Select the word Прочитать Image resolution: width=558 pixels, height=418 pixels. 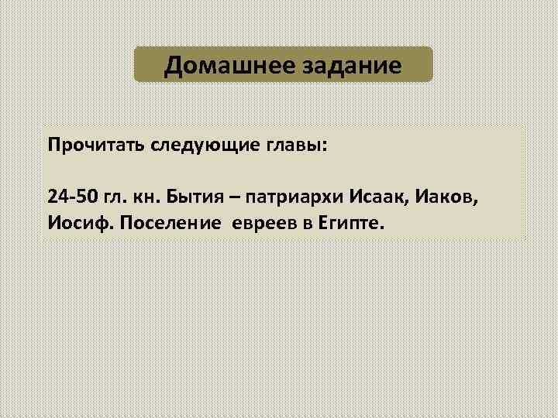tap(86, 146)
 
